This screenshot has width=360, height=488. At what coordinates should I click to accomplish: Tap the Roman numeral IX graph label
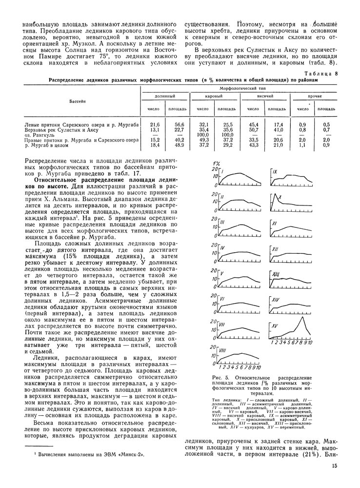tap(275, 172)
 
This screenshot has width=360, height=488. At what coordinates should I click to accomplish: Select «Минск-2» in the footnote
tap(130, 454)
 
